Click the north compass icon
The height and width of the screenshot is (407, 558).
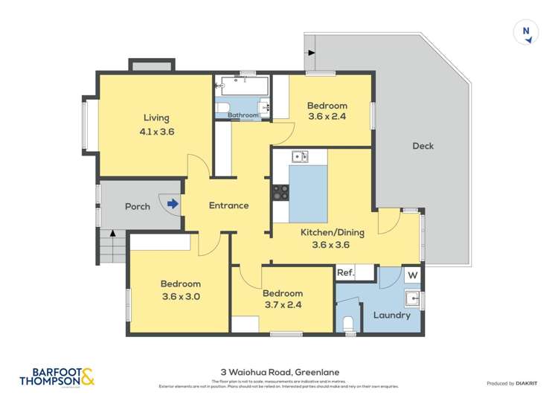(x=526, y=31)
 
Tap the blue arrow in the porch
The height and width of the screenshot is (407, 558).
(x=173, y=203)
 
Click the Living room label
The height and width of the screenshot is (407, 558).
(x=156, y=118)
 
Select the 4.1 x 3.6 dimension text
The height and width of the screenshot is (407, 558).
(x=156, y=132)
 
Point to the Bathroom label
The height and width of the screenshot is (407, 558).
(x=243, y=115)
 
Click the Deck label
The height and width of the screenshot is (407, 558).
(x=423, y=146)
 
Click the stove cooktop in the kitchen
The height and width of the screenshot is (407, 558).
(x=280, y=193)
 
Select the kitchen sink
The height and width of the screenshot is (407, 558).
(x=300, y=156)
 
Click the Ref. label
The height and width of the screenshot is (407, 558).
(x=344, y=273)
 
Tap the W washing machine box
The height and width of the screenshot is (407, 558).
(x=411, y=275)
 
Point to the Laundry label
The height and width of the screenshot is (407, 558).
(x=391, y=315)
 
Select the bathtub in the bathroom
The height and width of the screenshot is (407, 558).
(x=243, y=86)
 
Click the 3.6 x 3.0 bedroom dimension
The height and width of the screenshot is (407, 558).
(x=180, y=297)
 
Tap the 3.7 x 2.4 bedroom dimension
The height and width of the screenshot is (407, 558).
(x=282, y=304)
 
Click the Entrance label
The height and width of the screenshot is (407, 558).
(x=228, y=205)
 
